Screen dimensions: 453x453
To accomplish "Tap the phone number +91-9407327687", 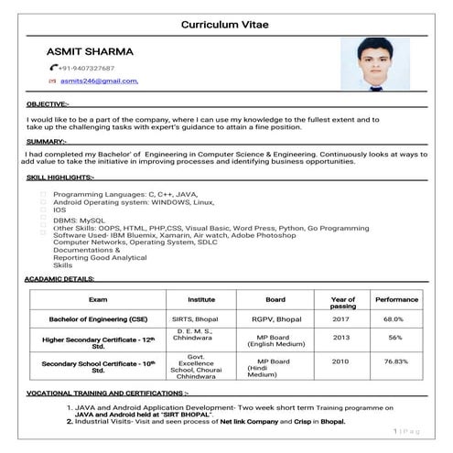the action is pos(87,69).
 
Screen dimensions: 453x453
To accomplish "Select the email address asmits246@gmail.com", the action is pos(99,81).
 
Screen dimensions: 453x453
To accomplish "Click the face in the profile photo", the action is pos(373,57).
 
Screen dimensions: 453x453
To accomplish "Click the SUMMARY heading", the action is pos(46,142).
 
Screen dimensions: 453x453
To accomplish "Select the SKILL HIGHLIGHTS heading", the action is pos(60,177).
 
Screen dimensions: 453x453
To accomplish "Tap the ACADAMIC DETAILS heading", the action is pos(60,278).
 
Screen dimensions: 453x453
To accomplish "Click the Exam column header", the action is pos(98,299).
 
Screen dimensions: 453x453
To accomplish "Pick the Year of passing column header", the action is pos(342,303).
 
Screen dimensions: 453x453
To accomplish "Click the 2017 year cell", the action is pos(341,318).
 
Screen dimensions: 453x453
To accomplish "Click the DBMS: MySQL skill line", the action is pos(80,221).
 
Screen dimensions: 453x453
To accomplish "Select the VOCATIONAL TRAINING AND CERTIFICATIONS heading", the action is pos(107,393).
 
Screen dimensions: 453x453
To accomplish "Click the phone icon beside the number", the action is pos(53,69).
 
